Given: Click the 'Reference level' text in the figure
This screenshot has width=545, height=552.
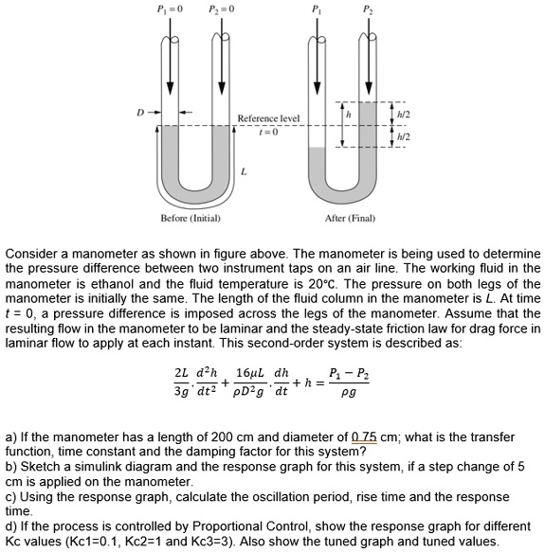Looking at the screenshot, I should tap(268, 118).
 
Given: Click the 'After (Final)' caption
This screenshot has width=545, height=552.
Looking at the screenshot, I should tap(350, 218).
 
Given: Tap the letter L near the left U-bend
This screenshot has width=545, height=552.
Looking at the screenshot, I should tap(245, 171).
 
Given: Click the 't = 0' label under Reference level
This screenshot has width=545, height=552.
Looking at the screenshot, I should tap(268, 131).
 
